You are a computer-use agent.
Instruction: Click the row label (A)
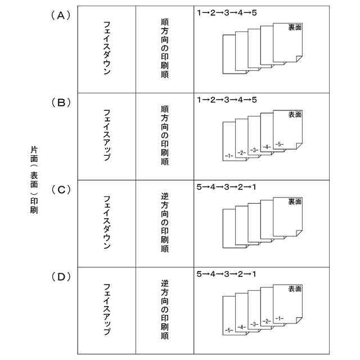[x=61, y=16]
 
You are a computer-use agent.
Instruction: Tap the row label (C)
[x=61, y=190]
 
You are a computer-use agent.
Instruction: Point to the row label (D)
[x=61, y=277]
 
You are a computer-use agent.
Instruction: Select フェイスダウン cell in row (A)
[x=106, y=49]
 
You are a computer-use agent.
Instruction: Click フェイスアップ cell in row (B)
[x=106, y=136]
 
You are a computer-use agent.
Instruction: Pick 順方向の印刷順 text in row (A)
[x=164, y=49]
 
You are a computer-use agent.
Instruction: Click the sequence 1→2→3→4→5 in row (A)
[x=227, y=13]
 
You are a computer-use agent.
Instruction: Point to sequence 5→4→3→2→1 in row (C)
[x=227, y=187]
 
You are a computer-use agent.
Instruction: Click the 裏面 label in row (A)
[x=295, y=27]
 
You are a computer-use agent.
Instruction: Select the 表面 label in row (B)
[x=295, y=114]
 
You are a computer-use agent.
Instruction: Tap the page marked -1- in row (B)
[x=228, y=155]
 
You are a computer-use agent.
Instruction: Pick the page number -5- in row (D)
[x=228, y=330]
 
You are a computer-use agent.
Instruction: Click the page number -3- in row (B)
[x=254, y=150]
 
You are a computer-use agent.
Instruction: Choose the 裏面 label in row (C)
[x=295, y=201]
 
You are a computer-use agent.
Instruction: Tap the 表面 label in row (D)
[x=295, y=289]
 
